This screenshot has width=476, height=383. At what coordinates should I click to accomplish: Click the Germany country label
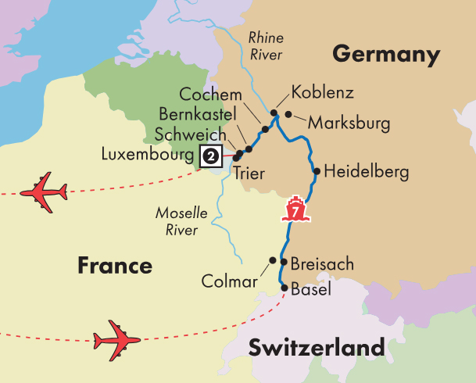coord(386,55)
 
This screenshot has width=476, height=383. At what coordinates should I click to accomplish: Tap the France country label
coord(114,266)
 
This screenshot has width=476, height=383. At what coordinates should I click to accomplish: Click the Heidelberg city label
coord(366,172)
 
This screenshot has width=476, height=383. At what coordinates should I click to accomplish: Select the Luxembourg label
coord(149,155)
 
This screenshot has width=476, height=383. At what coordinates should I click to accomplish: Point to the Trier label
coord(249,174)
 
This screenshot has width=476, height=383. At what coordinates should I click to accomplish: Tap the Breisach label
coord(322,264)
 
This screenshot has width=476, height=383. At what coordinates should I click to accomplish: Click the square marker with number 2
coord(211,156)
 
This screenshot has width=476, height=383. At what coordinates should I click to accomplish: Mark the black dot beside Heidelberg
coord(316,171)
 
